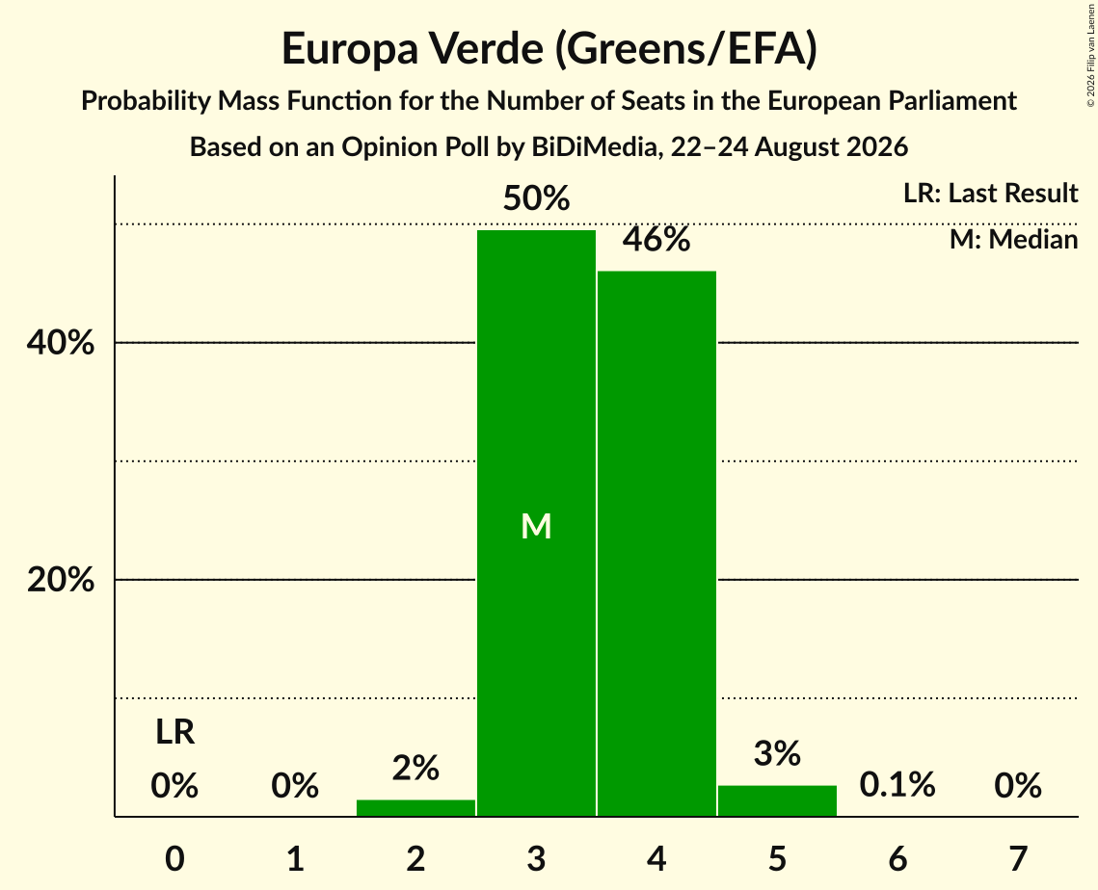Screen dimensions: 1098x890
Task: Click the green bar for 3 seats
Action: (x=536, y=523)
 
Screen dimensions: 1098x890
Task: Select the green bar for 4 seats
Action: (x=656, y=543)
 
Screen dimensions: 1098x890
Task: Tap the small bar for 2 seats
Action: (x=415, y=807)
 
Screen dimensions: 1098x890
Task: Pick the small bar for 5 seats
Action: (x=777, y=800)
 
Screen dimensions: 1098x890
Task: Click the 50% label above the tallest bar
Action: (x=536, y=198)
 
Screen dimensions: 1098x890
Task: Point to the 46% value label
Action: (x=656, y=239)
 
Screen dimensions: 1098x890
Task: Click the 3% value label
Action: (x=777, y=753)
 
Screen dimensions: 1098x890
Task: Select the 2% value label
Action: (x=415, y=768)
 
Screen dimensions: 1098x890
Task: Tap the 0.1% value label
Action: (x=897, y=785)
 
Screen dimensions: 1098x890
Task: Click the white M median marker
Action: (x=536, y=526)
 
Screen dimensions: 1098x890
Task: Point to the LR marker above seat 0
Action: (x=175, y=732)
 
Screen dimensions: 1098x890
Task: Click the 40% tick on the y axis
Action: (x=60, y=343)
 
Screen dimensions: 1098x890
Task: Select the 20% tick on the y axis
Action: (x=60, y=580)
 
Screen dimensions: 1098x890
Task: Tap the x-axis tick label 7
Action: (x=1018, y=858)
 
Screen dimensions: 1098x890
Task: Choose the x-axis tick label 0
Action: (x=175, y=858)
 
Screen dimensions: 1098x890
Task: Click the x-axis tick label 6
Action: (x=897, y=858)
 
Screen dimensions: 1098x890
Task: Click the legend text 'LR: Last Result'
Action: (x=991, y=193)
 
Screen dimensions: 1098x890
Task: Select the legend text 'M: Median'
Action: (x=1014, y=239)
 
